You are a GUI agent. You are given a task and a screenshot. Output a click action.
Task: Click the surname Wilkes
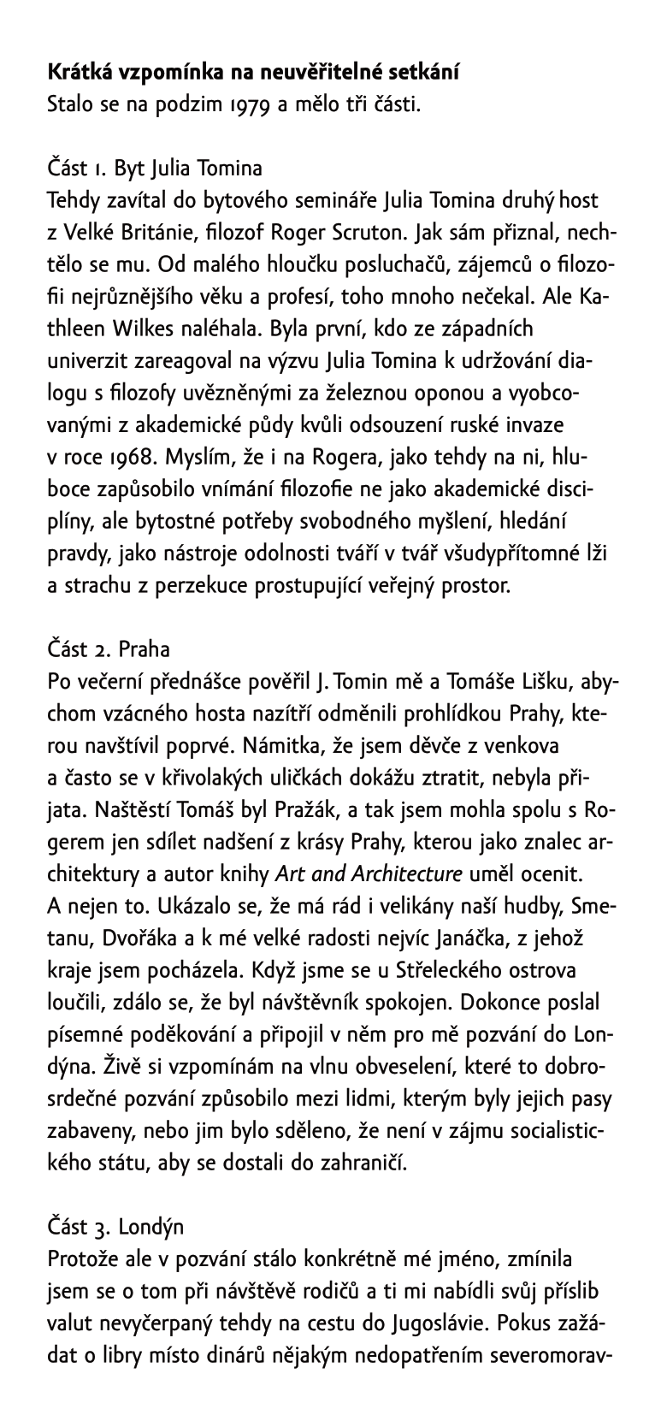145,328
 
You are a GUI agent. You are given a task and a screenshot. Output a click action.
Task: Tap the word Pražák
253,810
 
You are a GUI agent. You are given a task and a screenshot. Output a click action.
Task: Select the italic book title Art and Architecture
369,874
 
